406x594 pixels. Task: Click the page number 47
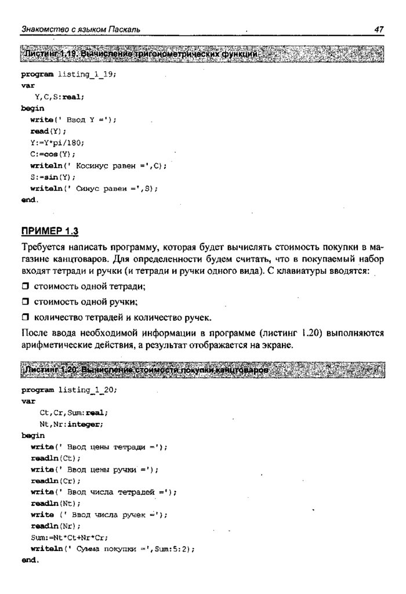coord(379,29)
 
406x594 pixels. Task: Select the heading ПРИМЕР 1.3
coord(49,231)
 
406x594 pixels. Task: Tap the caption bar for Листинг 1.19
coord(203,54)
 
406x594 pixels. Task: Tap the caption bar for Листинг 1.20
coord(203,370)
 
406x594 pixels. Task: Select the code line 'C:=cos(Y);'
coord(53,154)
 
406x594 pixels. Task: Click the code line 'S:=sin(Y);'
coord(53,177)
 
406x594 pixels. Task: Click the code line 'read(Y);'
coord(44,131)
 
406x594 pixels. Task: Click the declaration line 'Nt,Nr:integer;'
coord(71,424)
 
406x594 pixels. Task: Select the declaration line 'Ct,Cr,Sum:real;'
coord(73,412)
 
